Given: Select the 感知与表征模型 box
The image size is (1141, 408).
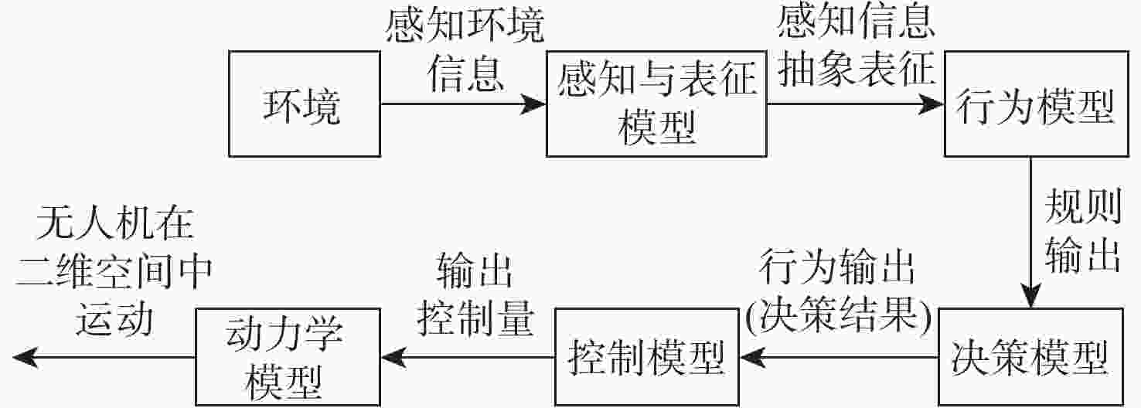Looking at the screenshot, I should (656, 104).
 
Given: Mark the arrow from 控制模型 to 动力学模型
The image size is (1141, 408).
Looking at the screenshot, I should (467, 357).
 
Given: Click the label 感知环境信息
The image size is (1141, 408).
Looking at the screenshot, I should (465, 49).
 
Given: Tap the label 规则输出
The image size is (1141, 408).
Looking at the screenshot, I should (1082, 233).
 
